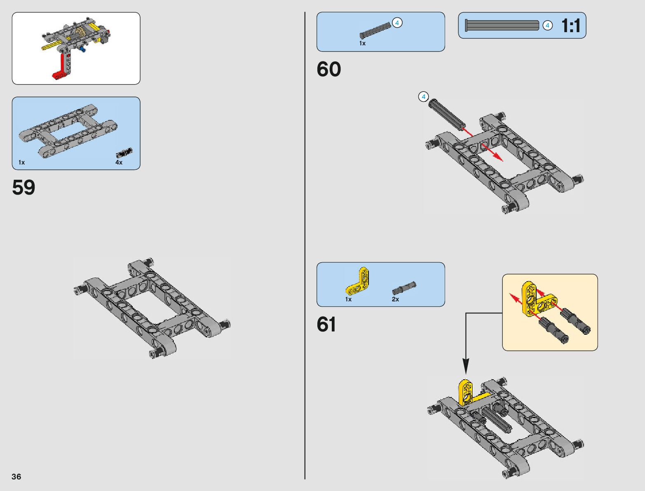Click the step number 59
point(23,188)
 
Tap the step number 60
point(328,69)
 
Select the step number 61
point(326,324)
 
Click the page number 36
point(16,477)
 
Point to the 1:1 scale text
point(570,26)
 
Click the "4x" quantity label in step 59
point(119,162)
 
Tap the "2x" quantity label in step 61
point(395,299)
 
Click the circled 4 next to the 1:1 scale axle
point(547,26)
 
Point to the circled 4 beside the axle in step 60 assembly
point(423,97)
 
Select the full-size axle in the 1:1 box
point(502,26)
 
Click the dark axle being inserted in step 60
point(447,114)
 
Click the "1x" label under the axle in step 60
point(362,43)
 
